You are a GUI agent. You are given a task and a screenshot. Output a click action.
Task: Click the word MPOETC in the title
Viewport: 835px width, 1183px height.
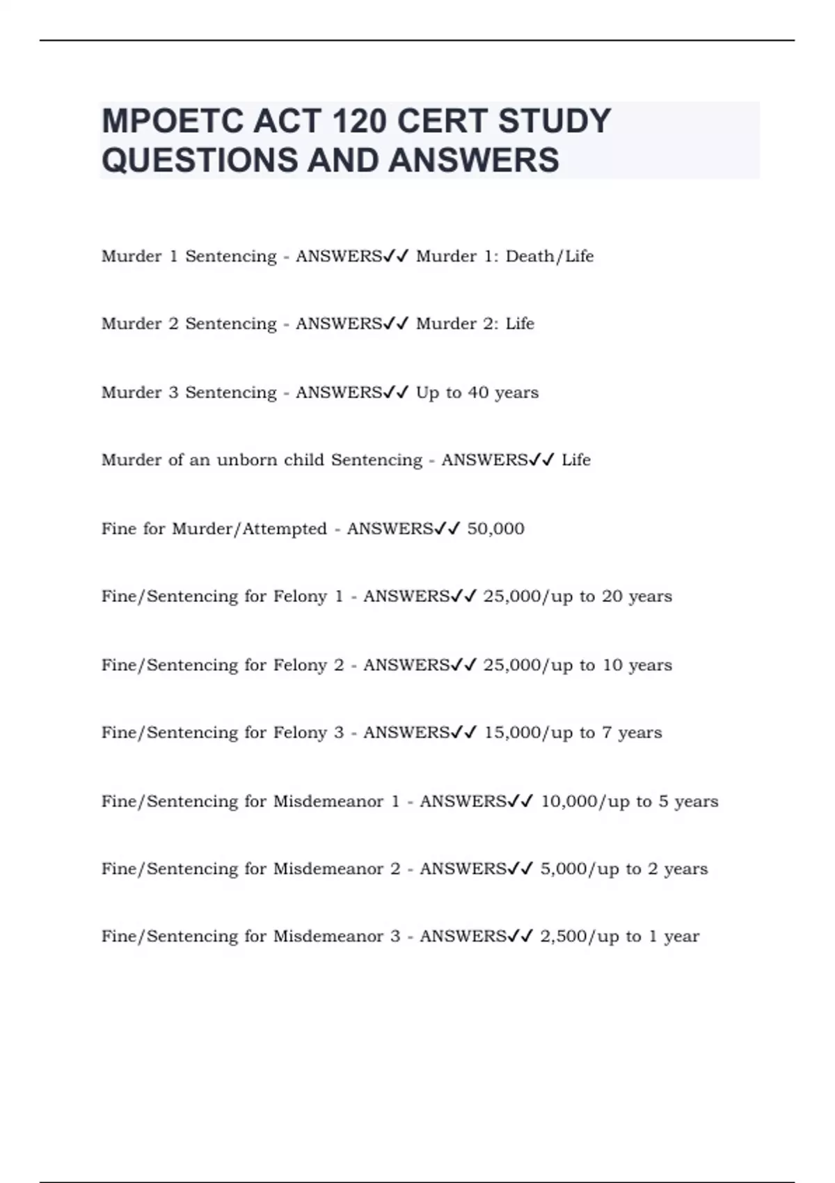click(171, 121)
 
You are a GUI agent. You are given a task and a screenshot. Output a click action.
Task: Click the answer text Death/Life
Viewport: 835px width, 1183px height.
click(550, 256)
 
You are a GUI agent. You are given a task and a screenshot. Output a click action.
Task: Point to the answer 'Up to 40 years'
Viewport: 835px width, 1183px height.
click(477, 392)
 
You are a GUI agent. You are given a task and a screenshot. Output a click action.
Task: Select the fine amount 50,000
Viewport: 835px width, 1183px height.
click(495, 529)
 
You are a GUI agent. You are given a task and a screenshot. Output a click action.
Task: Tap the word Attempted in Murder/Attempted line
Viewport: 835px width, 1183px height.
click(285, 529)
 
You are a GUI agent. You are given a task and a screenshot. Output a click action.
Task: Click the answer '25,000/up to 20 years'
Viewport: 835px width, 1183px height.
click(578, 596)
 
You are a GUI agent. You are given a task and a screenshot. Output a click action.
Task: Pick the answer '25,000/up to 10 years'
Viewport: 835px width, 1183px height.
click(578, 665)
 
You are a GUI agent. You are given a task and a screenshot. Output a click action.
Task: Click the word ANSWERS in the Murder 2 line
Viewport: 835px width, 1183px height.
click(339, 324)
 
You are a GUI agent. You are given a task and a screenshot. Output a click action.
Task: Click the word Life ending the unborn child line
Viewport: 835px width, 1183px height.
click(576, 460)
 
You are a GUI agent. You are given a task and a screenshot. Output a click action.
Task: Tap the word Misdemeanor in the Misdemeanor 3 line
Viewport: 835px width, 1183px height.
click(328, 937)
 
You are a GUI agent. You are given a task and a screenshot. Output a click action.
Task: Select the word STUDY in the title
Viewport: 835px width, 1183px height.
click(554, 121)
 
